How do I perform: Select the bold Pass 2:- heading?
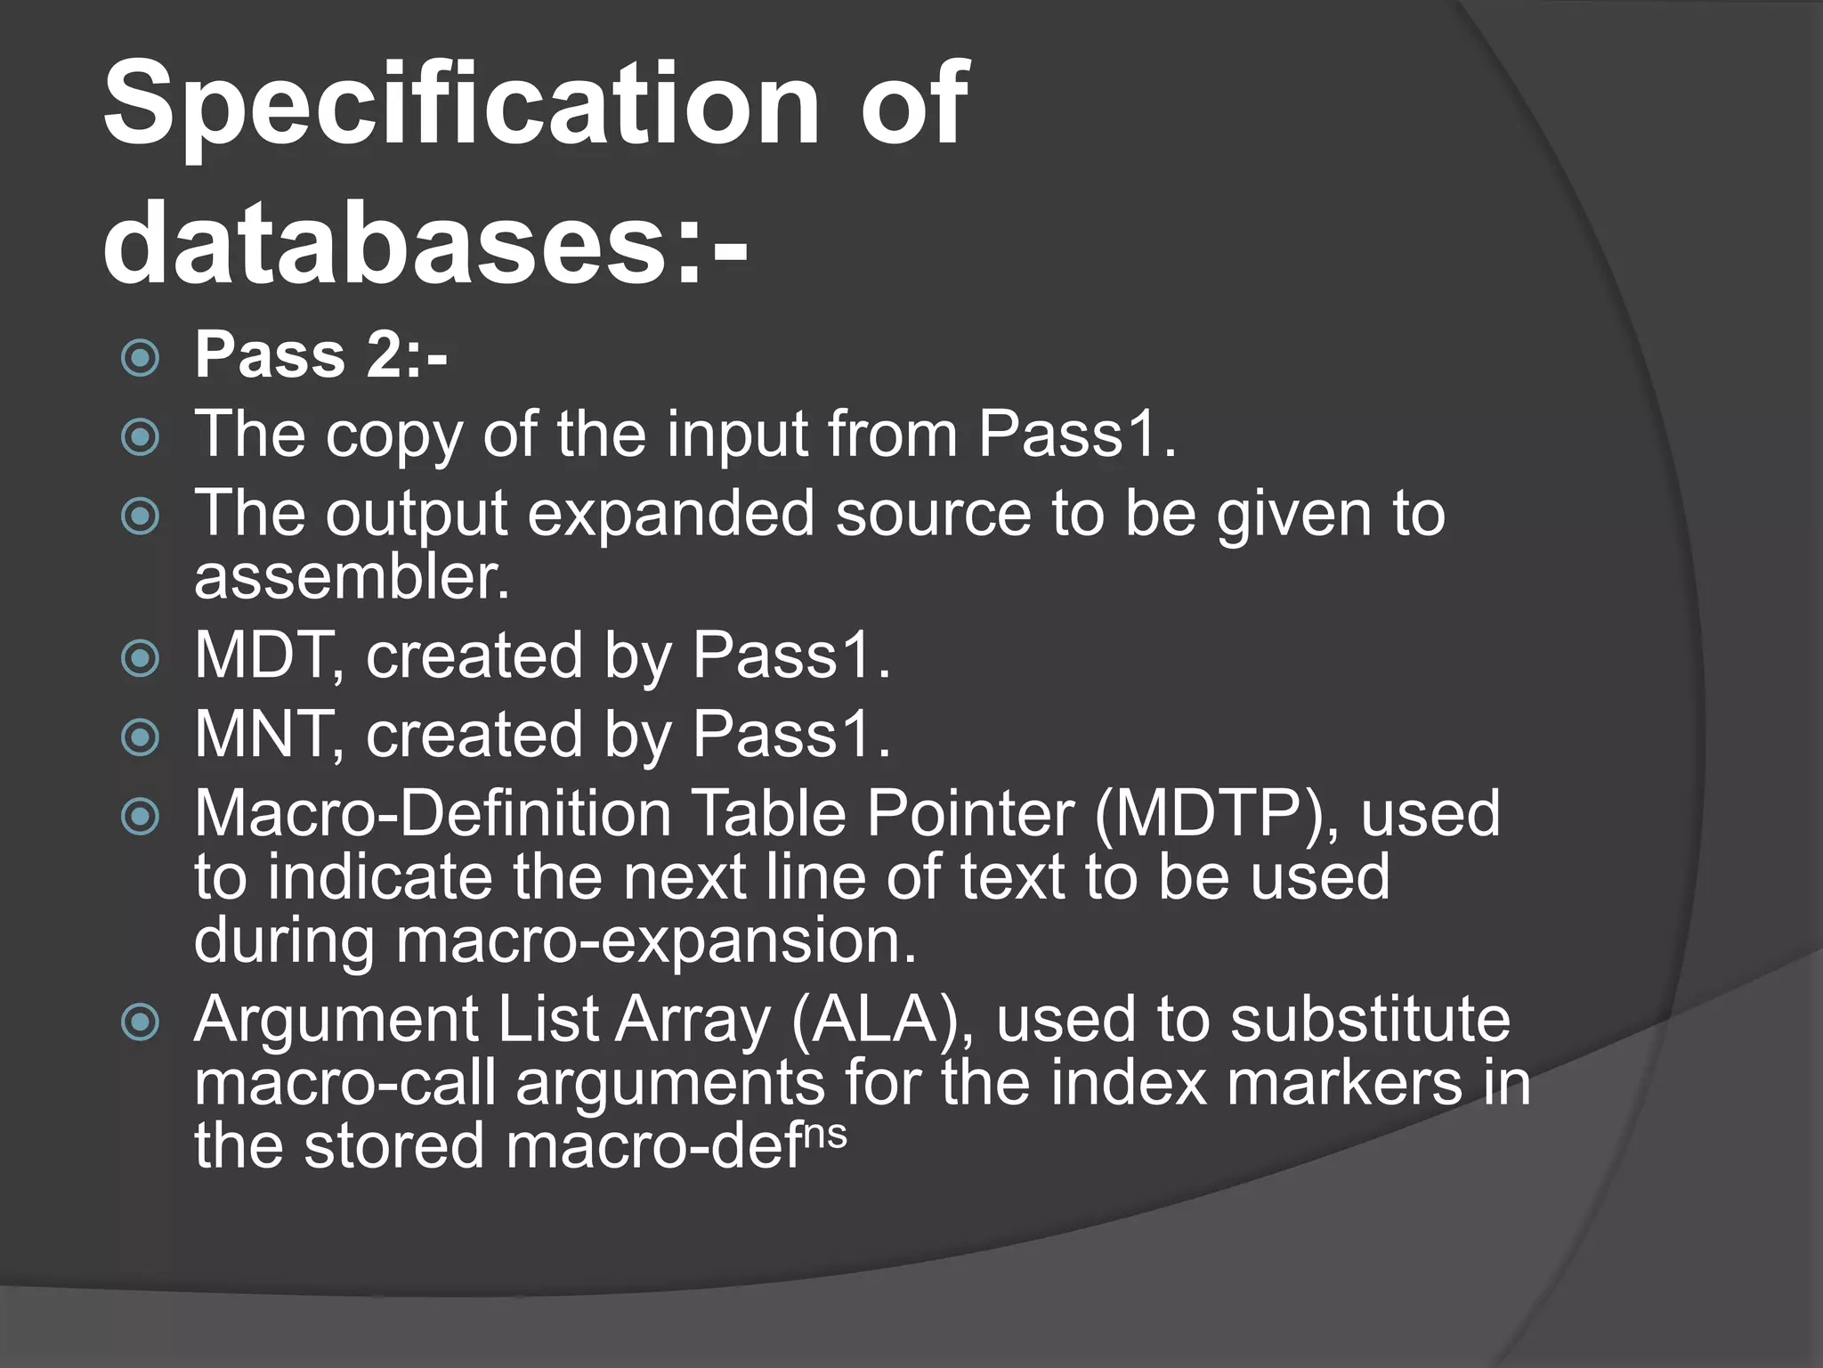click(x=320, y=356)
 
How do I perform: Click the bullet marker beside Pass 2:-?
click(x=140, y=359)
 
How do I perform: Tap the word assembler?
click(x=352, y=577)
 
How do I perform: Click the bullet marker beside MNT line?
click(x=140, y=738)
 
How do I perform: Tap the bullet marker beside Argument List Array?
click(x=140, y=1022)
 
